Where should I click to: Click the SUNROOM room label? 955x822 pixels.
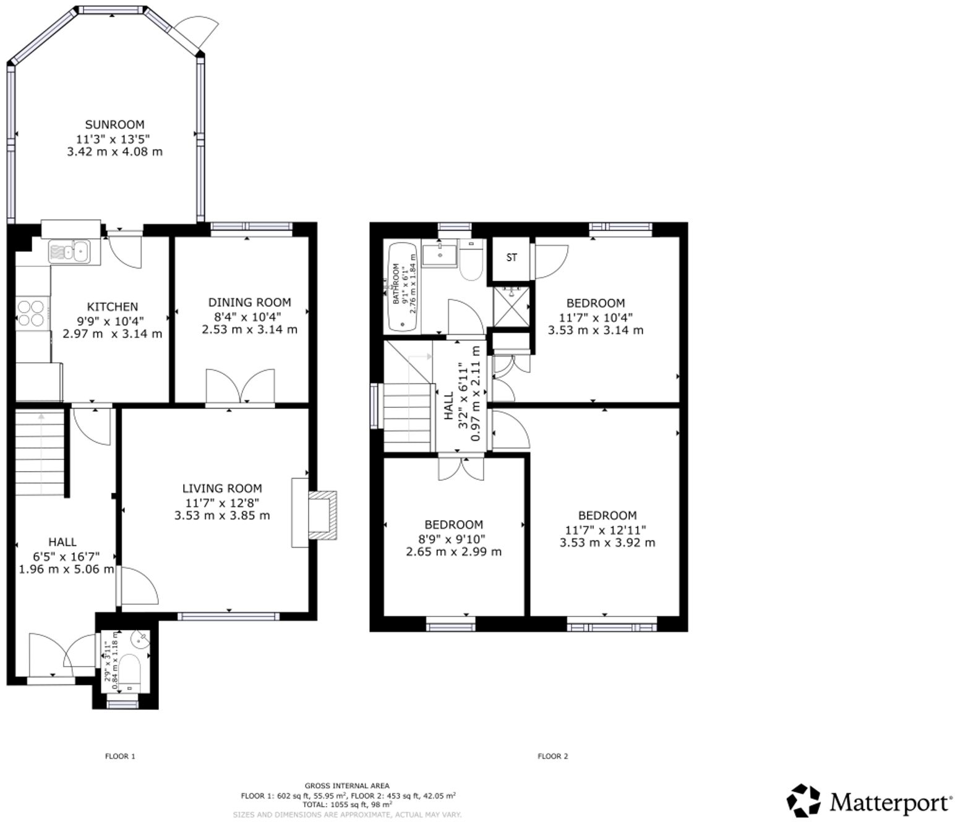pos(114,124)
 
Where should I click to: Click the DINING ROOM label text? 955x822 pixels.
pos(249,302)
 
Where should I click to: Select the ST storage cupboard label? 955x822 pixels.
pos(512,257)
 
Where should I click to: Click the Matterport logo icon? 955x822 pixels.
pos(803,801)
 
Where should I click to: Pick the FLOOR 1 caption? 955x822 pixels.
pos(119,756)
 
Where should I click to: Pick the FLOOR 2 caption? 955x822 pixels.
pos(552,756)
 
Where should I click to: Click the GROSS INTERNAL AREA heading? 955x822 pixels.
pos(347,785)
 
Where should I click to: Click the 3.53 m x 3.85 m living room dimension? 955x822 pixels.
pos(222,515)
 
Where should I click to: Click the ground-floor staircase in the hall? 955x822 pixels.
pos(40,452)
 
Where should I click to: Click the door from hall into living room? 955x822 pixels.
pos(138,586)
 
